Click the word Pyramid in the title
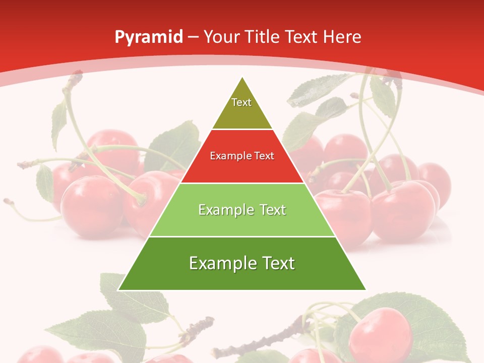pyautogui.click(x=149, y=37)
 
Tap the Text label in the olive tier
pyautogui.click(x=241, y=102)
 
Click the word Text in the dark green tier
pyautogui.click(x=277, y=263)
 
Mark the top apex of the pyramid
pyautogui.click(x=243, y=78)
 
